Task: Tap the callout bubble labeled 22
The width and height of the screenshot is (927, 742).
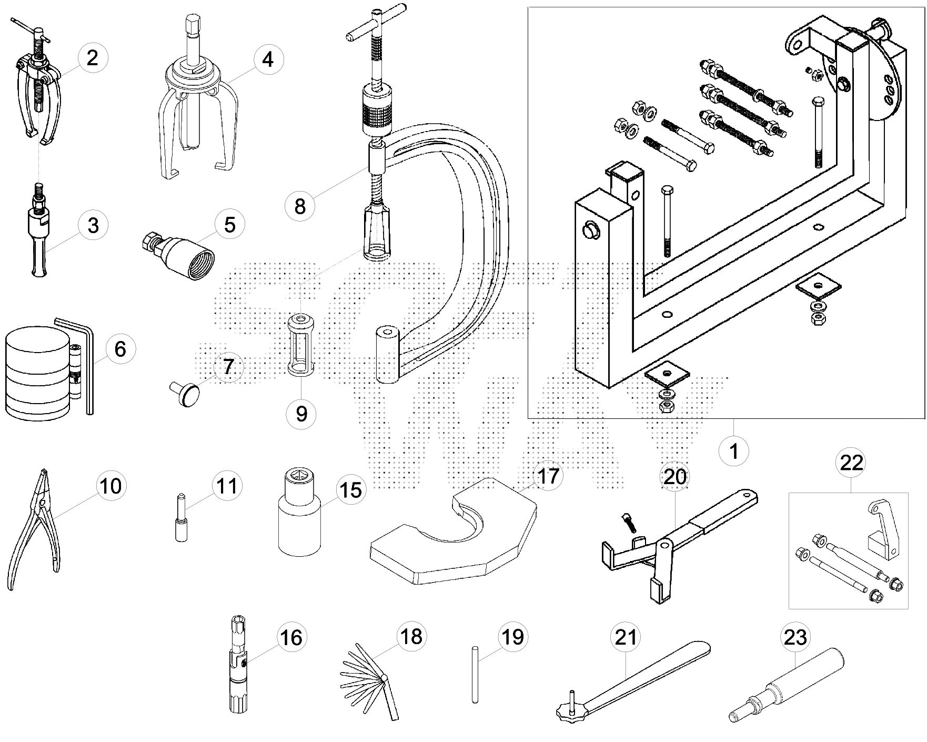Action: coord(852,463)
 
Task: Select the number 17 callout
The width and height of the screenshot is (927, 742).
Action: coord(547,476)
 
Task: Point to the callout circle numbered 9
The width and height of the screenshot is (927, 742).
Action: coord(301,413)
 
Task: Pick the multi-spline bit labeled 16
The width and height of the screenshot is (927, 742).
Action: coord(235,671)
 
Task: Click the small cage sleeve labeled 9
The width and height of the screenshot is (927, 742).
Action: coord(300,344)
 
